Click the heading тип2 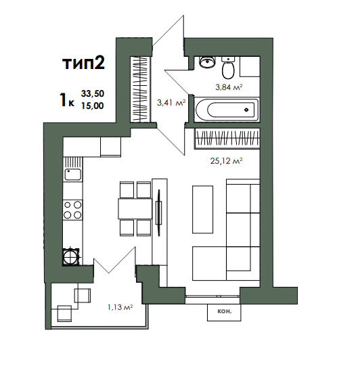[x=83, y=63]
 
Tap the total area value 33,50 [x=93, y=93]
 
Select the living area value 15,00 [x=93, y=106]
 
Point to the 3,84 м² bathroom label [x=229, y=87]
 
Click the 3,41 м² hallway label [x=171, y=103]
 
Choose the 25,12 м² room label [x=226, y=161]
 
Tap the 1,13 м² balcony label [x=120, y=307]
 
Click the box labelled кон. [x=224, y=313]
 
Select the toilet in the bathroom [x=228, y=68]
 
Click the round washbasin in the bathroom [x=207, y=62]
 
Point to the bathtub [x=227, y=110]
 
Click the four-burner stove [x=72, y=210]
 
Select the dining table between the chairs [x=135, y=208]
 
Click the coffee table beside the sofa [x=202, y=209]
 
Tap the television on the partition [x=159, y=212]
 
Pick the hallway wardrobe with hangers [x=140, y=89]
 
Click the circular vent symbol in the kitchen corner [x=70, y=257]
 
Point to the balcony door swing [x=115, y=260]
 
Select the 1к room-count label [x=67, y=99]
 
